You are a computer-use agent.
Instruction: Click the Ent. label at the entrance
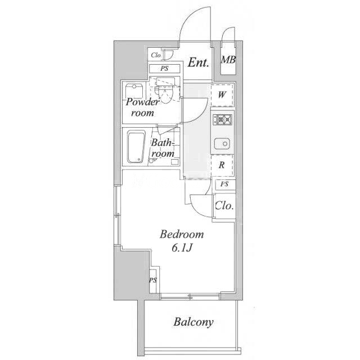tap(199, 62)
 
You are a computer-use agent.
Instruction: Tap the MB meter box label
tap(228, 60)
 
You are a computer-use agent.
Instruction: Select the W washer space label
tap(222, 94)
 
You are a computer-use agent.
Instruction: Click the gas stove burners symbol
tap(223, 119)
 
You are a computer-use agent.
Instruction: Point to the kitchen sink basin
tap(222, 144)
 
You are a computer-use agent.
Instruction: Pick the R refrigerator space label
tap(222, 165)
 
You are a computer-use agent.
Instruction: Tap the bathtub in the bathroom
tap(136, 147)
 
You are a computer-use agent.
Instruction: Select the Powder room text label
tap(142, 107)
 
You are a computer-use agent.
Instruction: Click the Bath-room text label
tap(163, 148)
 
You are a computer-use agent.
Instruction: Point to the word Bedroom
tap(182, 235)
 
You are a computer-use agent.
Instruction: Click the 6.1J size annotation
tap(182, 247)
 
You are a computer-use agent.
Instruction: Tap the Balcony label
tap(193, 322)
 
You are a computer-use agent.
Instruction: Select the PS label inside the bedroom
tap(153, 280)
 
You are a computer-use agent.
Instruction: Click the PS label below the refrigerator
tap(224, 184)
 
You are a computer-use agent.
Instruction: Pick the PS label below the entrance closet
tap(164, 69)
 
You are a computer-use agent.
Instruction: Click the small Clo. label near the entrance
tap(156, 55)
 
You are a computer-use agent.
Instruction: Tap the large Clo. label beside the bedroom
tap(224, 206)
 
